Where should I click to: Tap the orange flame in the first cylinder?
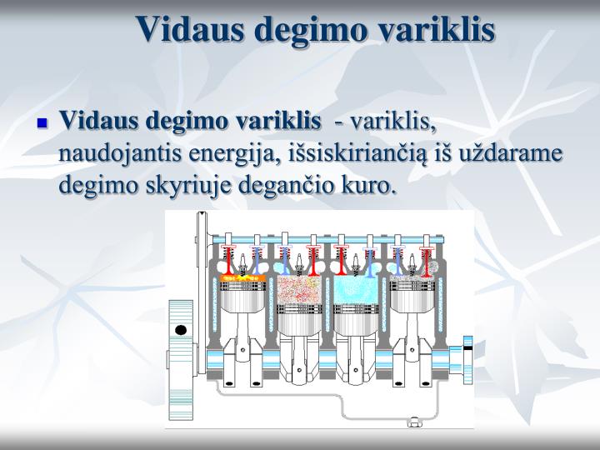[242, 276]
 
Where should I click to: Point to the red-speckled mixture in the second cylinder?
[298, 287]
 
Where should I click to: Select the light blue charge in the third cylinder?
[356, 287]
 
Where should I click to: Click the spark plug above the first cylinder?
[242, 261]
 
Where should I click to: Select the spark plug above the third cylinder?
[356, 261]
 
